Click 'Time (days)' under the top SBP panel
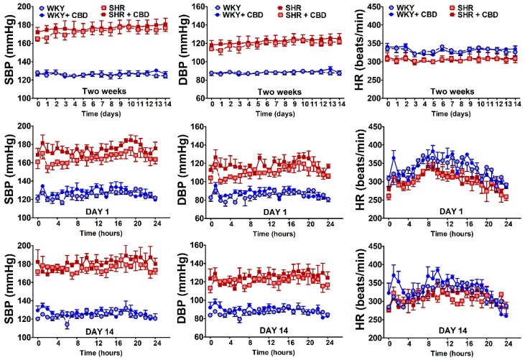point(101,114)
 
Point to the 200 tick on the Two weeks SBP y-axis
point(24,6)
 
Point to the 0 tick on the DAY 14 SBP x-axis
point(38,345)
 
